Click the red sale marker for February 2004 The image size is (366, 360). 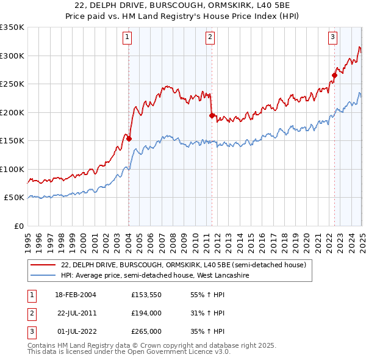(x=129, y=139)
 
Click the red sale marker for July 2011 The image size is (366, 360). (x=212, y=115)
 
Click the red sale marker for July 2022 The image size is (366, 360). (x=334, y=75)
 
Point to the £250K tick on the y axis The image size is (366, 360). (x=12, y=84)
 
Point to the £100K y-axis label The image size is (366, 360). (x=12, y=169)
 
